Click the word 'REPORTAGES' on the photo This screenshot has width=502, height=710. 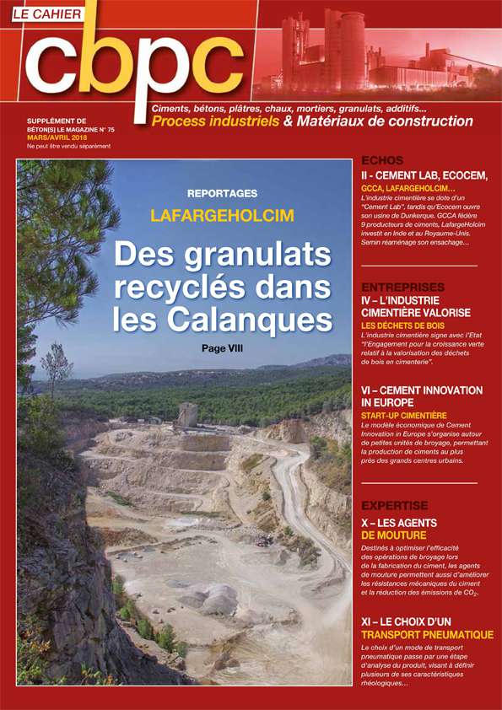pyautogui.click(x=223, y=192)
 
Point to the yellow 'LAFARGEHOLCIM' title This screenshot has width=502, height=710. pyautogui.click(x=223, y=215)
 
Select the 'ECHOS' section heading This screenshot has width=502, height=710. pyautogui.click(x=381, y=159)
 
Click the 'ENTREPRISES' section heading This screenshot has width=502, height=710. pyautogui.click(x=402, y=288)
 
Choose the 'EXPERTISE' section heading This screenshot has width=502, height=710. pyautogui.click(x=394, y=506)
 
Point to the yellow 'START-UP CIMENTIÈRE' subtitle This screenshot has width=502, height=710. pyautogui.click(x=403, y=415)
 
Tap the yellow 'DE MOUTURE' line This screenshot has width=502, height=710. pyautogui.click(x=393, y=535)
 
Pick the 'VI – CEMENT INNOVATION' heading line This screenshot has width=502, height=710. pyautogui.click(x=421, y=390)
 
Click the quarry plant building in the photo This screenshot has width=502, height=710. pyautogui.click(x=187, y=415)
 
